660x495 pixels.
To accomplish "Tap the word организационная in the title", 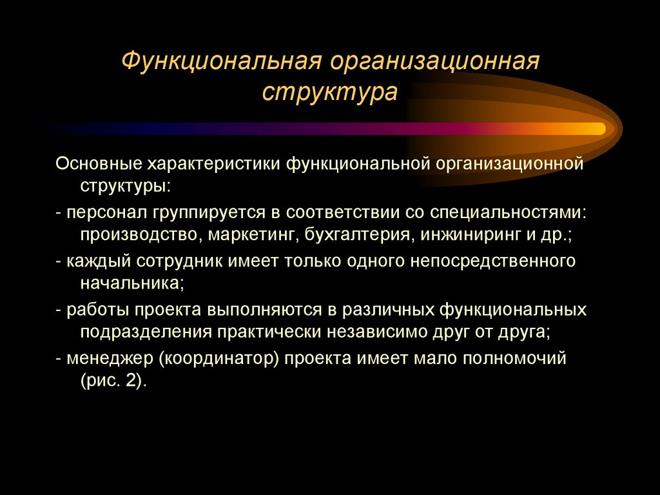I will [434, 63].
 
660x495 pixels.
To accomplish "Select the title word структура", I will [329, 92].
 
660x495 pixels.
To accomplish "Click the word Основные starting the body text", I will [99, 164].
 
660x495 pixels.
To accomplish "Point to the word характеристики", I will [215, 164].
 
